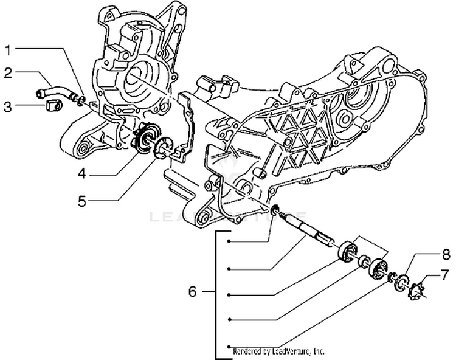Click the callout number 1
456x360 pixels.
(x=8, y=49)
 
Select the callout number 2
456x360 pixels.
(x=8, y=74)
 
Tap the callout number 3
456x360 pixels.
(x=8, y=107)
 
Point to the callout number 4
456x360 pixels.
(x=81, y=175)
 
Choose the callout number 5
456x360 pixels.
(x=81, y=201)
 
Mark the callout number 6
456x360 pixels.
(x=192, y=292)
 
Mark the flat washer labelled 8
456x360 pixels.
(x=402, y=282)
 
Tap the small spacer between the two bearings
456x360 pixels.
(x=364, y=262)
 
